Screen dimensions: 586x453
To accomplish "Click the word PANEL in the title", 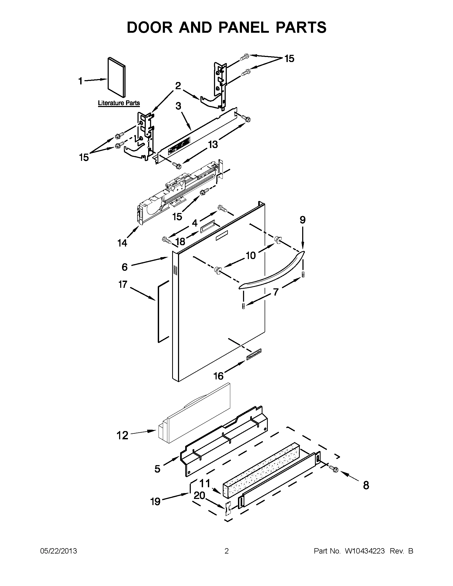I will pyautogui.click(x=243, y=27).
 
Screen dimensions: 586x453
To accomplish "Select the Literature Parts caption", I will pyautogui.click(x=119, y=103).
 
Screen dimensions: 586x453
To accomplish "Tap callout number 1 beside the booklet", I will pyautogui.click(x=80, y=81).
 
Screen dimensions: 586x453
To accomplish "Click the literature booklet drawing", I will pyautogui.click(x=116, y=77).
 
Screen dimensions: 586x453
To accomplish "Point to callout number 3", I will pyautogui.click(x=178, y=106).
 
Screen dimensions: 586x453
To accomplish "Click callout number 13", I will pyautogui.click(x=213, y=145).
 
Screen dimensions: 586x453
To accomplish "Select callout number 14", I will pyautogui.click(x=122, y=243).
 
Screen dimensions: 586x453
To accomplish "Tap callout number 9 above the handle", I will pyautogui.click(x=302, y=220).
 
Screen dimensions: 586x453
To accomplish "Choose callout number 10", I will pyautogui.click(x=250, y=255).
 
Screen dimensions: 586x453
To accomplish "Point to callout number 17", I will pyautogui.click(x=123, y=284).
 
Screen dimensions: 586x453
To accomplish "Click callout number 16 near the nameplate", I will pyautogui.click(x=218, y=376).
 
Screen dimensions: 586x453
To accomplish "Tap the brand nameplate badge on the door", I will pyautogui.click(x=254, y=354).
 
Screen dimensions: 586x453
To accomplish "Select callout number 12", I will pyautogui.click(x=122, y=435).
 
